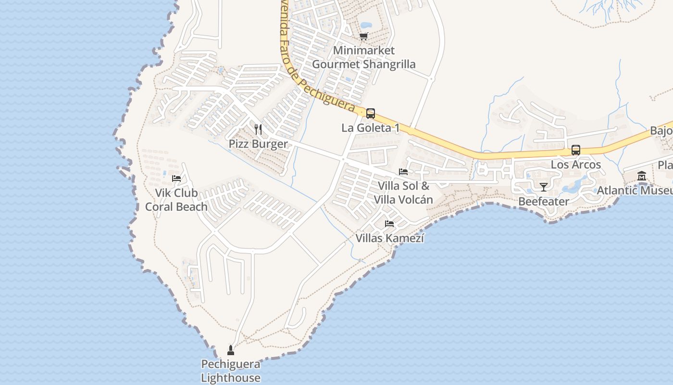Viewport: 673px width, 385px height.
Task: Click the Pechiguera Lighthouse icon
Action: coord(230,350)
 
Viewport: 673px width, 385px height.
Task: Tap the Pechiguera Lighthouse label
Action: coord(231,371)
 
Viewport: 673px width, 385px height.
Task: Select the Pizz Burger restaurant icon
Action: coord(258,129)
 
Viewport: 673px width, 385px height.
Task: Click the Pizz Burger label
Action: coord(258,144)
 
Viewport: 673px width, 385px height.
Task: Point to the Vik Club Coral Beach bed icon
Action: coord(176,178)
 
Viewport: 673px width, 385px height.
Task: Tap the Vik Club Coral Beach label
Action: coord(176,200)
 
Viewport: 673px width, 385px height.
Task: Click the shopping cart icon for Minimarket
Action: coord(364,36)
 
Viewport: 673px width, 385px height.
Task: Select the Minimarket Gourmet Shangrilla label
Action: coord(364,57)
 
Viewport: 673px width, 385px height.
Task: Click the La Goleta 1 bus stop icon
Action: coord(371,114)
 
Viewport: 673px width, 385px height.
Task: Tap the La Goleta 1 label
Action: coord(371,128)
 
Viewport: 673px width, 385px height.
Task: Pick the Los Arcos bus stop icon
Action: coord(576,150)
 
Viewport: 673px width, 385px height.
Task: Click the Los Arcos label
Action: coord(576,165)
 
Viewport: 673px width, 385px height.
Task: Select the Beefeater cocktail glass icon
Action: coord(544,187)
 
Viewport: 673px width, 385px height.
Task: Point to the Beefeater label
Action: coord(544,201)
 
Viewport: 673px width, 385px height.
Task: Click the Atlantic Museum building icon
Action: coord(642,176)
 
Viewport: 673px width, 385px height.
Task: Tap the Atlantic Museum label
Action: coord(635,191)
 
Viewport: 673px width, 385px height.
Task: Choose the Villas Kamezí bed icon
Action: coord(389,223)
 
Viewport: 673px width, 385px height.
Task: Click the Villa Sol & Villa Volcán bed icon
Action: coord(403,171)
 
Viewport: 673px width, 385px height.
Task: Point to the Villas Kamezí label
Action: coord(390,238)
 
